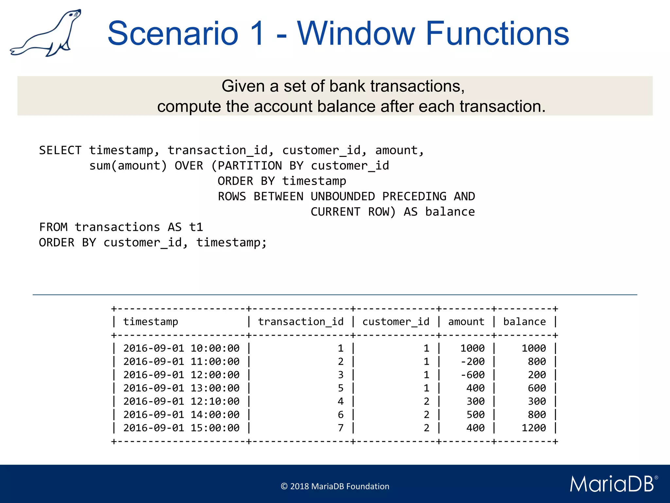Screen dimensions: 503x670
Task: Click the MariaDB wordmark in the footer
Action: (612, 484)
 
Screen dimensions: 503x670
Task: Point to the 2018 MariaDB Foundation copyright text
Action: (335, 486)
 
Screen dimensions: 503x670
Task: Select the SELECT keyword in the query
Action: (60, 150)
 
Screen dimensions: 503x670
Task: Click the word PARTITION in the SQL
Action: (250, 166)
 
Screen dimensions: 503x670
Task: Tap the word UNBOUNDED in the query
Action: (343, 196)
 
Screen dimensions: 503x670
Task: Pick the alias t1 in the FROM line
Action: (196, 227)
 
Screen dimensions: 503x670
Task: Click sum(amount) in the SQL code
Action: (128, 166)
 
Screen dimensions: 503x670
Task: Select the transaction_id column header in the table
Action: (301, 322)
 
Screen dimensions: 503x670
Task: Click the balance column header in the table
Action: (524, 322)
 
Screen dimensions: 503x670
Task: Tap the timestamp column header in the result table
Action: (150, 322)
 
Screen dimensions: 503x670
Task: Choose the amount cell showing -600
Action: (472, 375)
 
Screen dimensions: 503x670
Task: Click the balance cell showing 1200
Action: (534, 428)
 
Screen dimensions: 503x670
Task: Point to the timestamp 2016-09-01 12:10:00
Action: (181, 401)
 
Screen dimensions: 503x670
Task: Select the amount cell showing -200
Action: (472, 362)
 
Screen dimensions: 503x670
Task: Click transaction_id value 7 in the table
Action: (341, 428)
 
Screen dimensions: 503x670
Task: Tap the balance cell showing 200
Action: (537, 375)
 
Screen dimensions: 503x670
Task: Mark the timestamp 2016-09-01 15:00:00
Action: (181, 428)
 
